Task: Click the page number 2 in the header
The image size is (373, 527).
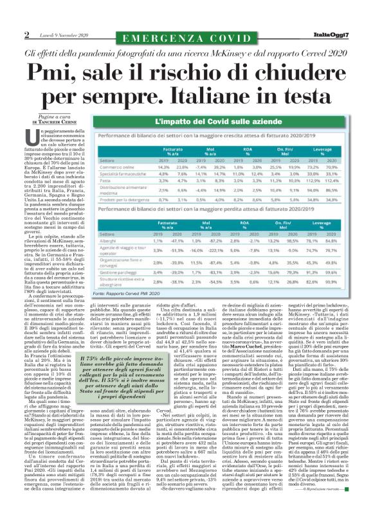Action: click(27, 33)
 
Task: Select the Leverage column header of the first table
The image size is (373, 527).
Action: click(338, 150)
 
